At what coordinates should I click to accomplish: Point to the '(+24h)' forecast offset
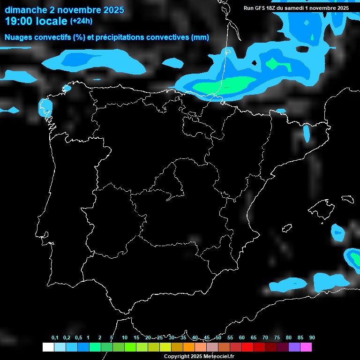(81, 21)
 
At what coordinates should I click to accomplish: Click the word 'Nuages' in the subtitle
(19, 37)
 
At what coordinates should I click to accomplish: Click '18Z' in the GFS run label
(272, 8)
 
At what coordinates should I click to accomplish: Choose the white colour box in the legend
(48, 347)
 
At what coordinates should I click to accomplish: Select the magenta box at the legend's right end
(306, 347)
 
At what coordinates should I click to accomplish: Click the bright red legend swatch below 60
(247, 347)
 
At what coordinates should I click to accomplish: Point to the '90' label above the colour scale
(312, 338)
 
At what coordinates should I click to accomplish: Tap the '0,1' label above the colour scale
(55, 338)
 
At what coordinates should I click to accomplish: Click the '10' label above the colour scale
(125, 338)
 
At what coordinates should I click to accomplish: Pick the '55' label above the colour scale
(230, 338)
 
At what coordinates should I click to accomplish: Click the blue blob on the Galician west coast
(45, 107)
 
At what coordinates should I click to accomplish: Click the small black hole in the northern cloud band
(255, 62)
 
